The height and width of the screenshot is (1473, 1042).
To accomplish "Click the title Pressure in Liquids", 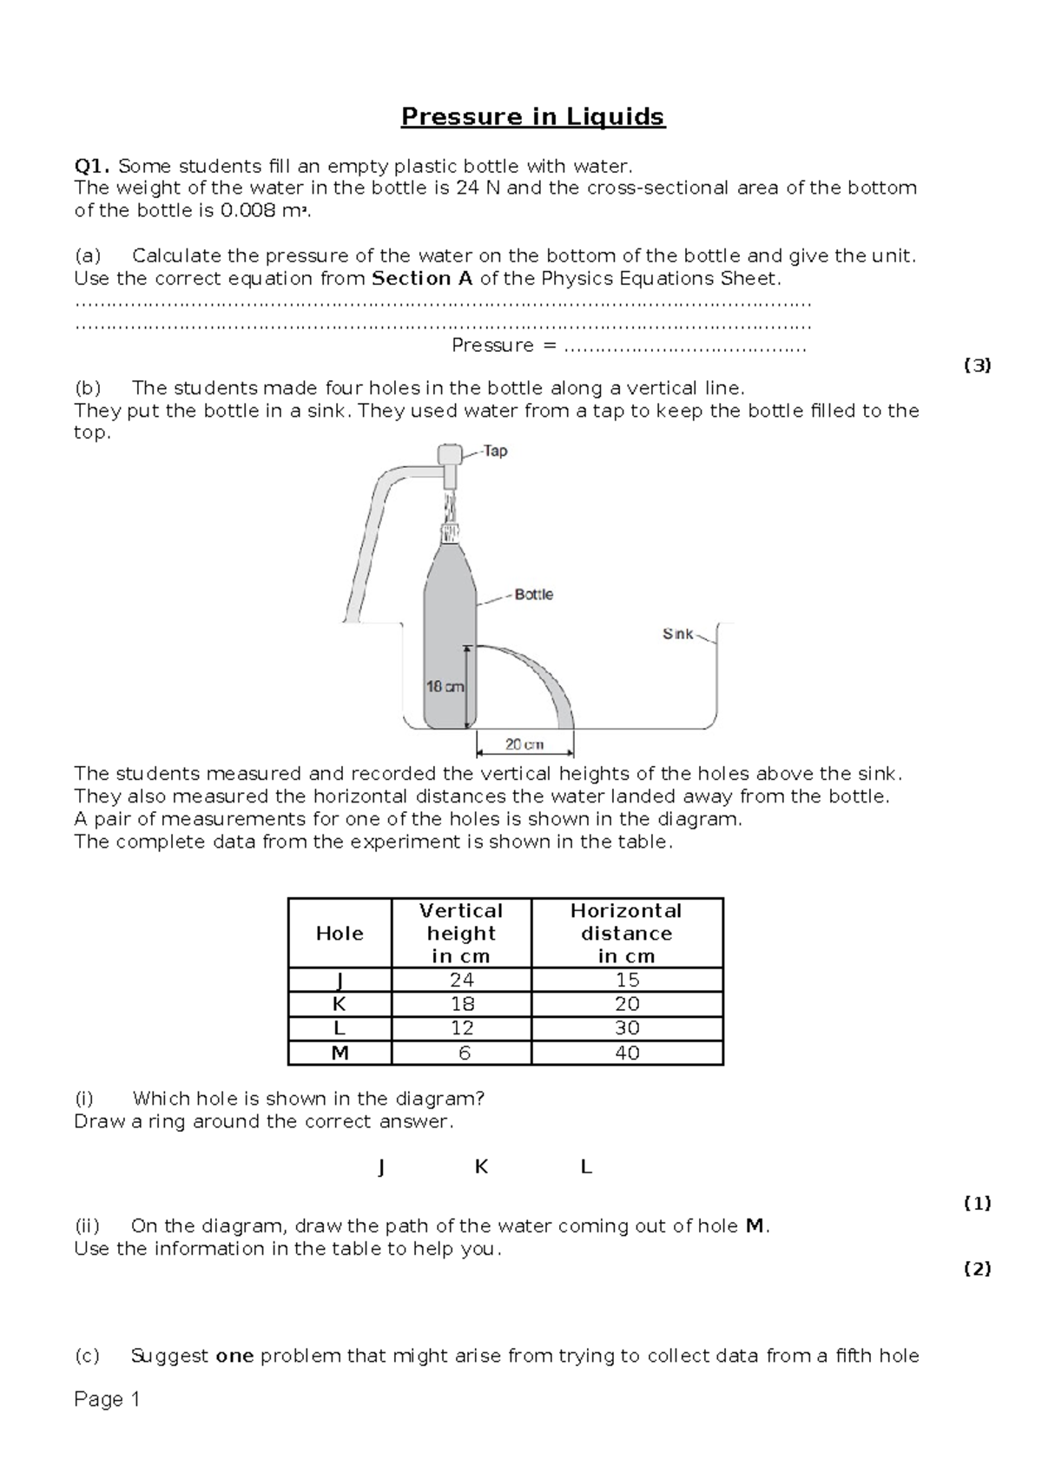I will click(532, 116).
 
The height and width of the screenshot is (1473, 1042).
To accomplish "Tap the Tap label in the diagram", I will click(495, 451).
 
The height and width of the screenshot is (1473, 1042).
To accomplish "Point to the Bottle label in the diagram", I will click(533, 595).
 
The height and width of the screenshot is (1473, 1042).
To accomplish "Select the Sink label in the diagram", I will click(677, 634).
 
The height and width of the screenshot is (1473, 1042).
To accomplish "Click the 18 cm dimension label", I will click(445, 686).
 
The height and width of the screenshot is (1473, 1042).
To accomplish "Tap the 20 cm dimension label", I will click(524, 744).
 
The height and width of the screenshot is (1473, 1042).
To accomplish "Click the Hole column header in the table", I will click(340, 934).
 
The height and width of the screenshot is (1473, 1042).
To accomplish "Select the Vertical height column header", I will click(461, 934).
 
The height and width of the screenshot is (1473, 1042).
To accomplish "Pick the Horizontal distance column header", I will click(626, 934).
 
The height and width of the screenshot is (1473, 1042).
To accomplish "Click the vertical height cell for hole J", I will click(461, 980).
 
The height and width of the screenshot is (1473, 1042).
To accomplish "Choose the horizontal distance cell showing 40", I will click(626, 1053).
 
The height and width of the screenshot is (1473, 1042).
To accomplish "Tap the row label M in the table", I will click(340, 1053).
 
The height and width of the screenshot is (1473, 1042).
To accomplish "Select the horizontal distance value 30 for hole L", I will click(626, 1028).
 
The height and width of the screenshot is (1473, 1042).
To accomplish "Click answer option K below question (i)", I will click(481, 1167).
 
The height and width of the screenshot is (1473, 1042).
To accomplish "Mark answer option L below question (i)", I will click(585, 1167).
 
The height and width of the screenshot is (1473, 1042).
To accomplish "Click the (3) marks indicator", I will click(977, 366).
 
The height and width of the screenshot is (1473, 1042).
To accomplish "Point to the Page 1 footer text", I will click(107, 1399).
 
